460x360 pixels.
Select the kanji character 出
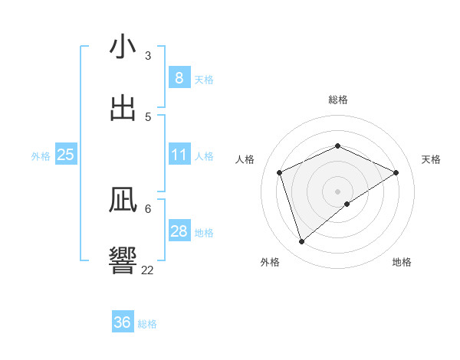(x=123, y=109)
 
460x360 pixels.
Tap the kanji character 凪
(x=123, y=201)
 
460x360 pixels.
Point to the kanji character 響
(x=123, y=260)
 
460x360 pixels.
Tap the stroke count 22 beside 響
(x=147, y=270)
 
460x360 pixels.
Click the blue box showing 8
(x=179, y=77)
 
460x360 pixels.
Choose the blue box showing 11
(x=179, y=155)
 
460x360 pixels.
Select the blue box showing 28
(x=179, y=231)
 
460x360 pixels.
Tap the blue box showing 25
(x=65, y=155)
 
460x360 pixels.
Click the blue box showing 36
(x=122, y=322)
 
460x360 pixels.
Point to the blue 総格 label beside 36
(x=147, y=324)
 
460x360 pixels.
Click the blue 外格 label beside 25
(x=41, y=156)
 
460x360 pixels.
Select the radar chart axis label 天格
(x=431, y=159)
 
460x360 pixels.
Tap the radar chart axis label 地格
(x=402, y=262)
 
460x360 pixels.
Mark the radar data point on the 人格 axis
(x=280, y=172)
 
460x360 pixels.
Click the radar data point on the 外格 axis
(x=301, y=242)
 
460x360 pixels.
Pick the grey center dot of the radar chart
(x=337, y=191)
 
